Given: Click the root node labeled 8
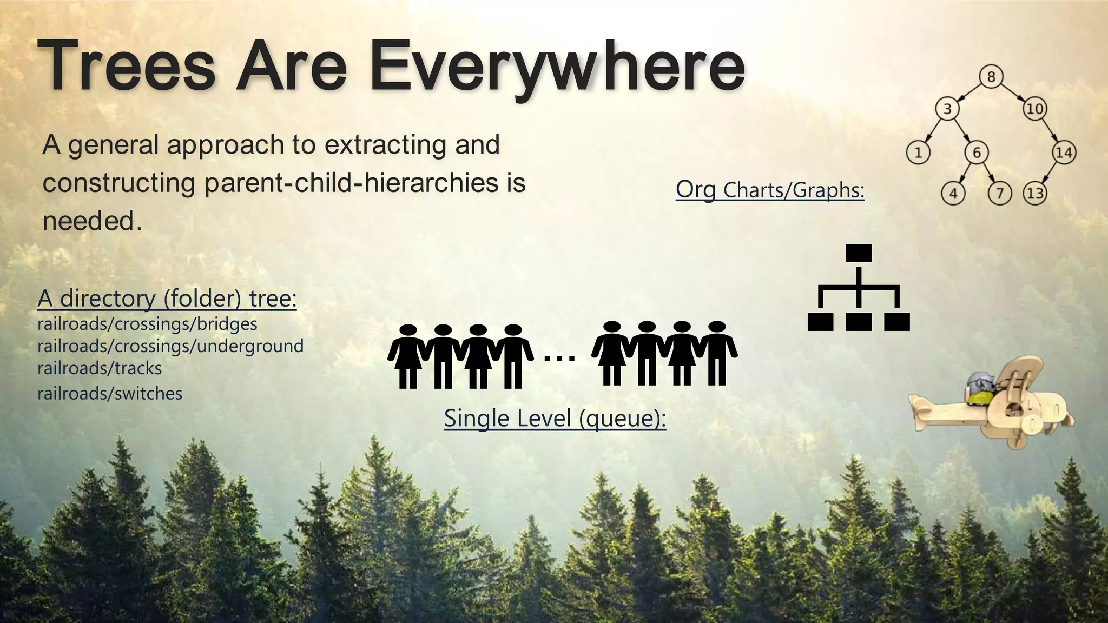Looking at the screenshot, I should pyautogui.click(x=991, y=77).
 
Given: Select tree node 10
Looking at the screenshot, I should pyautogui.click(x=1034, y=109).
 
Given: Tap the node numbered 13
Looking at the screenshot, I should pyautogui.click(x=1034, y=193).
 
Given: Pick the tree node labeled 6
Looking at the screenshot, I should pyautogui.click(x=977, y=153).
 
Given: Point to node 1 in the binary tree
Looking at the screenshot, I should pyautogui.click(x=918, y=153).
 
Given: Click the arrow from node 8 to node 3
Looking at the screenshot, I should pyautogui.click(x=969, y=92).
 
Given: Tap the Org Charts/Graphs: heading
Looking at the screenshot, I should pyautogui.click(x=770, y=190).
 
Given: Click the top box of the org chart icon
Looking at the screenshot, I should pyautogui.click(x=859, y=253).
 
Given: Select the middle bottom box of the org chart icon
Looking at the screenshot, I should pyautogui.click(x=859, y=322).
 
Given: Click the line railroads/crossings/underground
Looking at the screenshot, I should pyautogui.click(x=170, y=346).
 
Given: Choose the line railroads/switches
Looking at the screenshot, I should pyautogui.click(x=110, y=393).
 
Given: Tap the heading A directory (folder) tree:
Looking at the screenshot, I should pyautogui.click(x=167, y=299).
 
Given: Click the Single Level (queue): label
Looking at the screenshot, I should pyautogui.click(x=555, y=419).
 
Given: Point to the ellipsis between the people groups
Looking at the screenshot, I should pyautogui.click(x=559, y=357).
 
